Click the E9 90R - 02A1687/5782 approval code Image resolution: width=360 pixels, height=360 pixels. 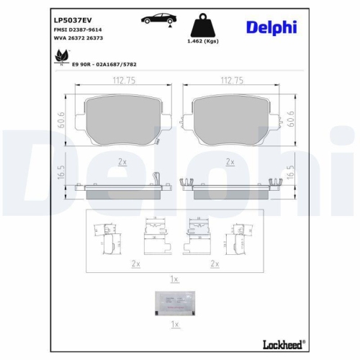pos(104,64)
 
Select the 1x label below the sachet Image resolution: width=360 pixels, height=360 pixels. pos(174,324)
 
